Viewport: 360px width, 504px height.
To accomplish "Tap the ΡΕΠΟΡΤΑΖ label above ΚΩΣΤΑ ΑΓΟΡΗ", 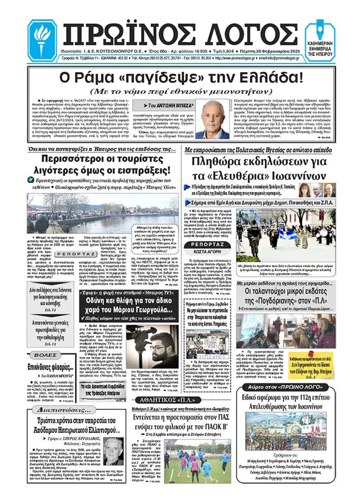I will (207, 245).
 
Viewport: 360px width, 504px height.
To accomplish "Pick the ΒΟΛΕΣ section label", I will (45, 355).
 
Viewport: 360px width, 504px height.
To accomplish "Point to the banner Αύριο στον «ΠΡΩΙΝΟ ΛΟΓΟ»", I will (285, 387).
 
